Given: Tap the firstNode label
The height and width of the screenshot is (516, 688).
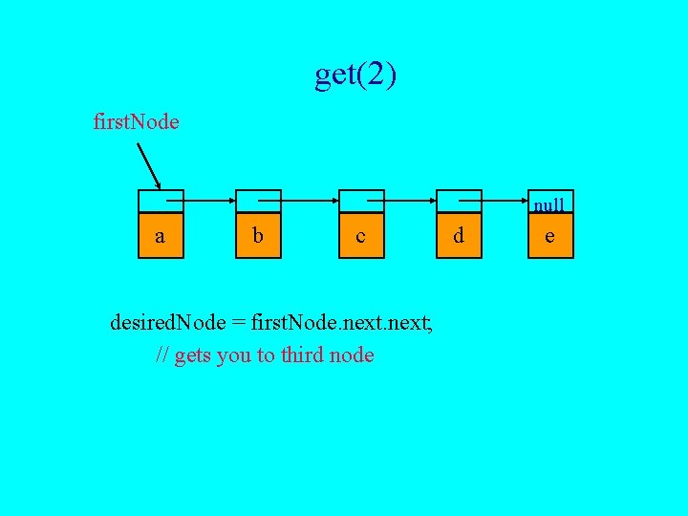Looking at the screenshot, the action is (136, 122).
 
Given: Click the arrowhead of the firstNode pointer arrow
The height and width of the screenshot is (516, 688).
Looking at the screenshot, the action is (159, 186).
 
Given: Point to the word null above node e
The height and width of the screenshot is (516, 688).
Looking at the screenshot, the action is (548, 204).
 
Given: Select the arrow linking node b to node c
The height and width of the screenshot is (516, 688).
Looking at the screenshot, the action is (308, 201).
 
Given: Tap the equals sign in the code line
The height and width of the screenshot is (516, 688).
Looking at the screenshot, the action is (238, 323).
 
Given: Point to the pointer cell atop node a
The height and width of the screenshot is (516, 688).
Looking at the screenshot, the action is (160, 201).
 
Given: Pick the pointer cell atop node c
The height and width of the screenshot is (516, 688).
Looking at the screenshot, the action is (360, 201).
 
